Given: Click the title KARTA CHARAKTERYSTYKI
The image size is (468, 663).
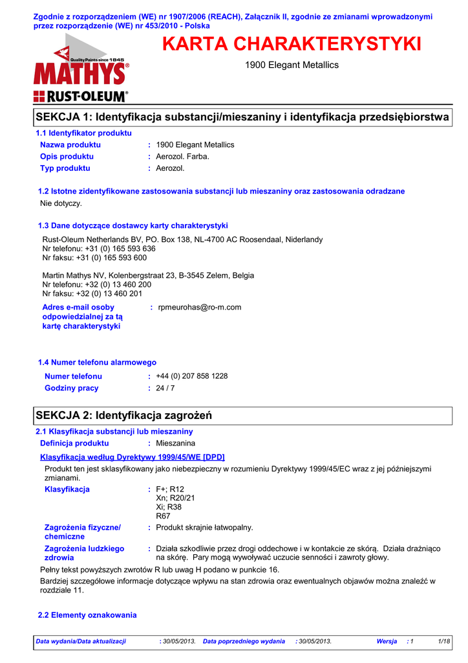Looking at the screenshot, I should (x=292, y=45).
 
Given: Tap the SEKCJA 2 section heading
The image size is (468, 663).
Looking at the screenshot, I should (x=124, y=414).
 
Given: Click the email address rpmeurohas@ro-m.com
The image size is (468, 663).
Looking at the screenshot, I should (x=199, y=308).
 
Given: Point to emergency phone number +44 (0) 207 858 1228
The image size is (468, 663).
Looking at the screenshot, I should (x=192, y=376).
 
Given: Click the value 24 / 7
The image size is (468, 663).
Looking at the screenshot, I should (x=165, y=388).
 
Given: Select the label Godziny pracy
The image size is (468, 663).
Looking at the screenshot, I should (x=71, y=388).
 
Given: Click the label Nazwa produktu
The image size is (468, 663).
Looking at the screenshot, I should (x=70, y=145).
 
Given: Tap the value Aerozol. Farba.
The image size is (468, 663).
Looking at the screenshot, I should (x=183, y=157).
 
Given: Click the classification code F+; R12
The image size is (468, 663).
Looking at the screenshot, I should (x=170, y=489).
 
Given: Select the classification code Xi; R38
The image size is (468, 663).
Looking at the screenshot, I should (x=169, y=508).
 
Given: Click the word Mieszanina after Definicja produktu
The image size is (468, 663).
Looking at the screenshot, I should (x=176, y=444).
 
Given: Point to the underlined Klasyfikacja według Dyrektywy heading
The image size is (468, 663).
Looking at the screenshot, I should (x=133, y=457).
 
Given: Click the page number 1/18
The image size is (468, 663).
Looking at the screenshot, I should (x=443, y=641).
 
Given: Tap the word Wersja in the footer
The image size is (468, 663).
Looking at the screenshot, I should (x=387, y=641).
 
